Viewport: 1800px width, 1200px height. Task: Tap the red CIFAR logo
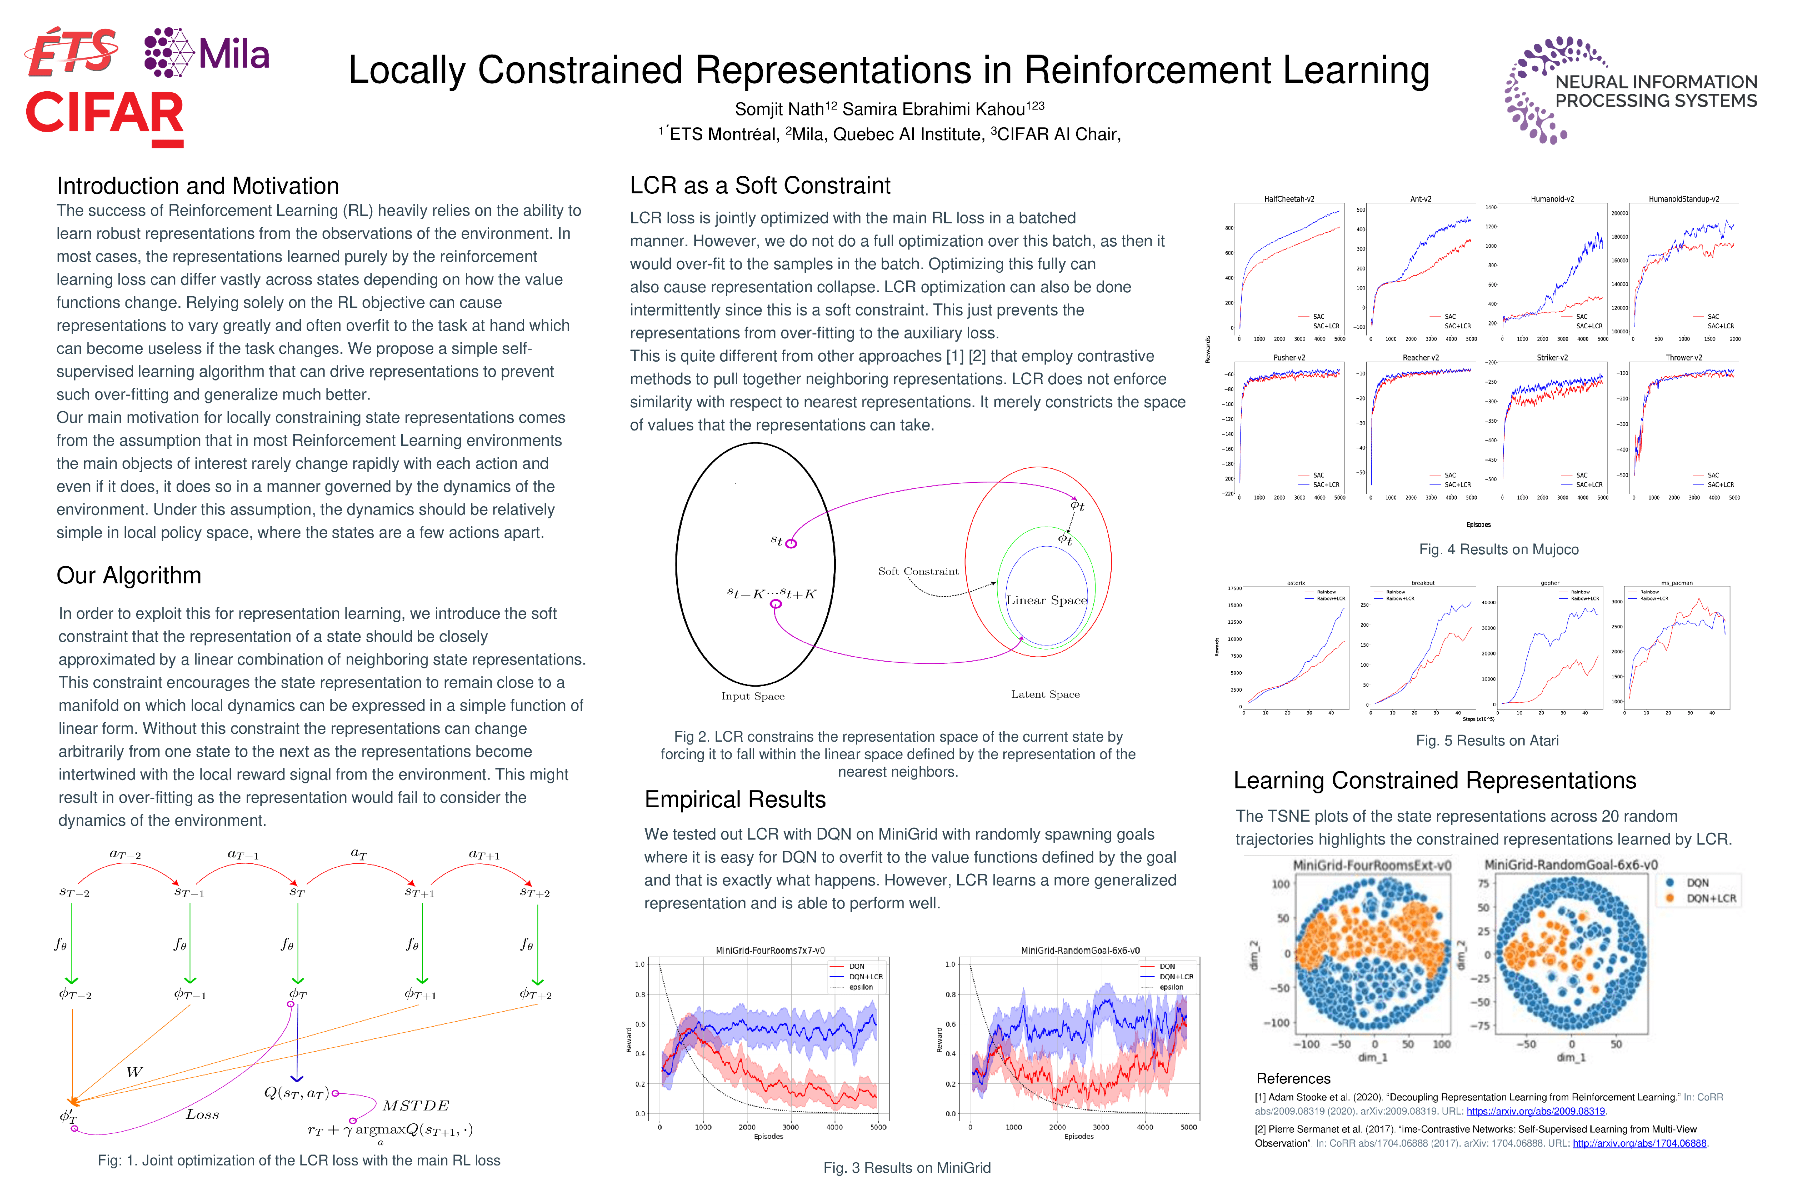click(x=105, y=115)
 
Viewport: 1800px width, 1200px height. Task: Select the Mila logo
click(x=207, y=54)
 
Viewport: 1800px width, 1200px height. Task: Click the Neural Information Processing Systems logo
click(x=1630, y=90)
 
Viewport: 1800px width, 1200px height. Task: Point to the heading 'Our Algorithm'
click(x=129, y=575)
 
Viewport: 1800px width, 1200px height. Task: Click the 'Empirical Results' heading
click(x=735, y=800)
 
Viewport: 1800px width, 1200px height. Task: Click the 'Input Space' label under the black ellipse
click(x=752, y=696)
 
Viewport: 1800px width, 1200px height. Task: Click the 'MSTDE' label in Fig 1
click(x=415, y=1106)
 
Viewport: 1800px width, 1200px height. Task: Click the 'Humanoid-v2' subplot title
click(x=1552, y=199)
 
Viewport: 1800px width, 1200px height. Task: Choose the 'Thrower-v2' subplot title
click(x=1684, y=357)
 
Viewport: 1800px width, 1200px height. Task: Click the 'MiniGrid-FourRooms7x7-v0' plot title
click(x=770, y=950)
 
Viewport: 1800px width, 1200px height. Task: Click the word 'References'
click(x=1293, y=1079)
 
